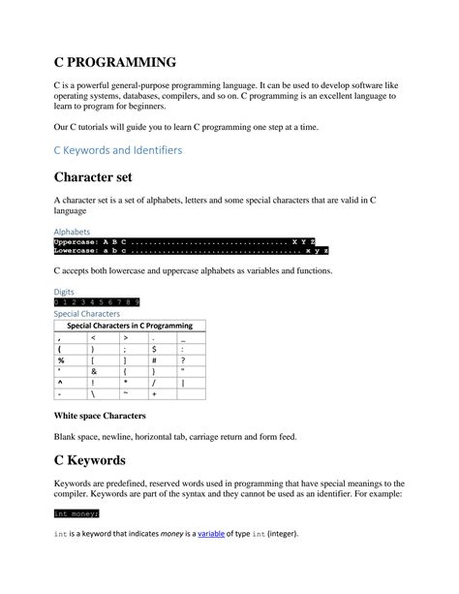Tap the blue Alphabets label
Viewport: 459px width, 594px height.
click(72, 233)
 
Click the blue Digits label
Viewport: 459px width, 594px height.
click(63, 291)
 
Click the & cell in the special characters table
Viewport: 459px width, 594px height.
click(94, 371)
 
